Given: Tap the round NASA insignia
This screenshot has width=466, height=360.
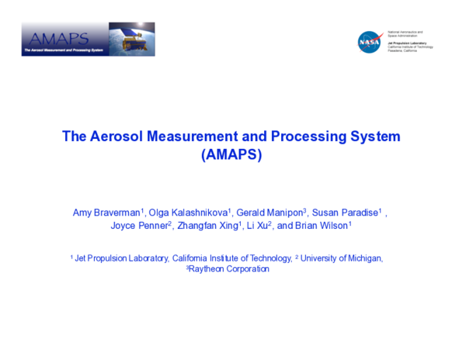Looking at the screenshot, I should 369,42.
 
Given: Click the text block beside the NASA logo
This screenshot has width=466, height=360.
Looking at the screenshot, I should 410,41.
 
